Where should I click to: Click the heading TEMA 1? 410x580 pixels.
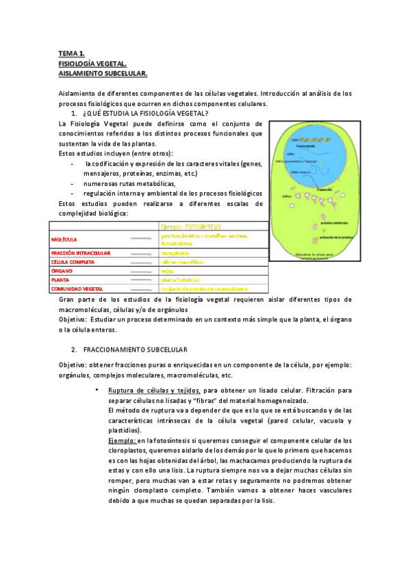pyautogui.click(x=71, y=53)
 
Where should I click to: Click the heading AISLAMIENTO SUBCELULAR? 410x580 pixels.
pyautogui.click(x=103, y=72)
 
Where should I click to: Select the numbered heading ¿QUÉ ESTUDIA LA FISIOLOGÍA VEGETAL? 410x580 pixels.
pyautogui.click(x=145, y=112)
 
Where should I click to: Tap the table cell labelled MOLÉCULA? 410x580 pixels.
pyautogui.click(x=64, y=239)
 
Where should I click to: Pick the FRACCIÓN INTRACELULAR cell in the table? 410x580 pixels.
pyautogui.click(x=81, y=253)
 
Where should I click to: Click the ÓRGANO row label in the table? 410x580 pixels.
pyautogui.click(x=63, y=271)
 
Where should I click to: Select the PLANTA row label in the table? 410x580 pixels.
pyautogui.click(x=62, y=280)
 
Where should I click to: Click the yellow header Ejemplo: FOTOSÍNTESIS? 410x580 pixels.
pyautogui.click(x=191, y=226)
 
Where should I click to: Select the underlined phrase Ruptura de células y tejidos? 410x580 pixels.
pyautogui.click(x=154, y=391)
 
